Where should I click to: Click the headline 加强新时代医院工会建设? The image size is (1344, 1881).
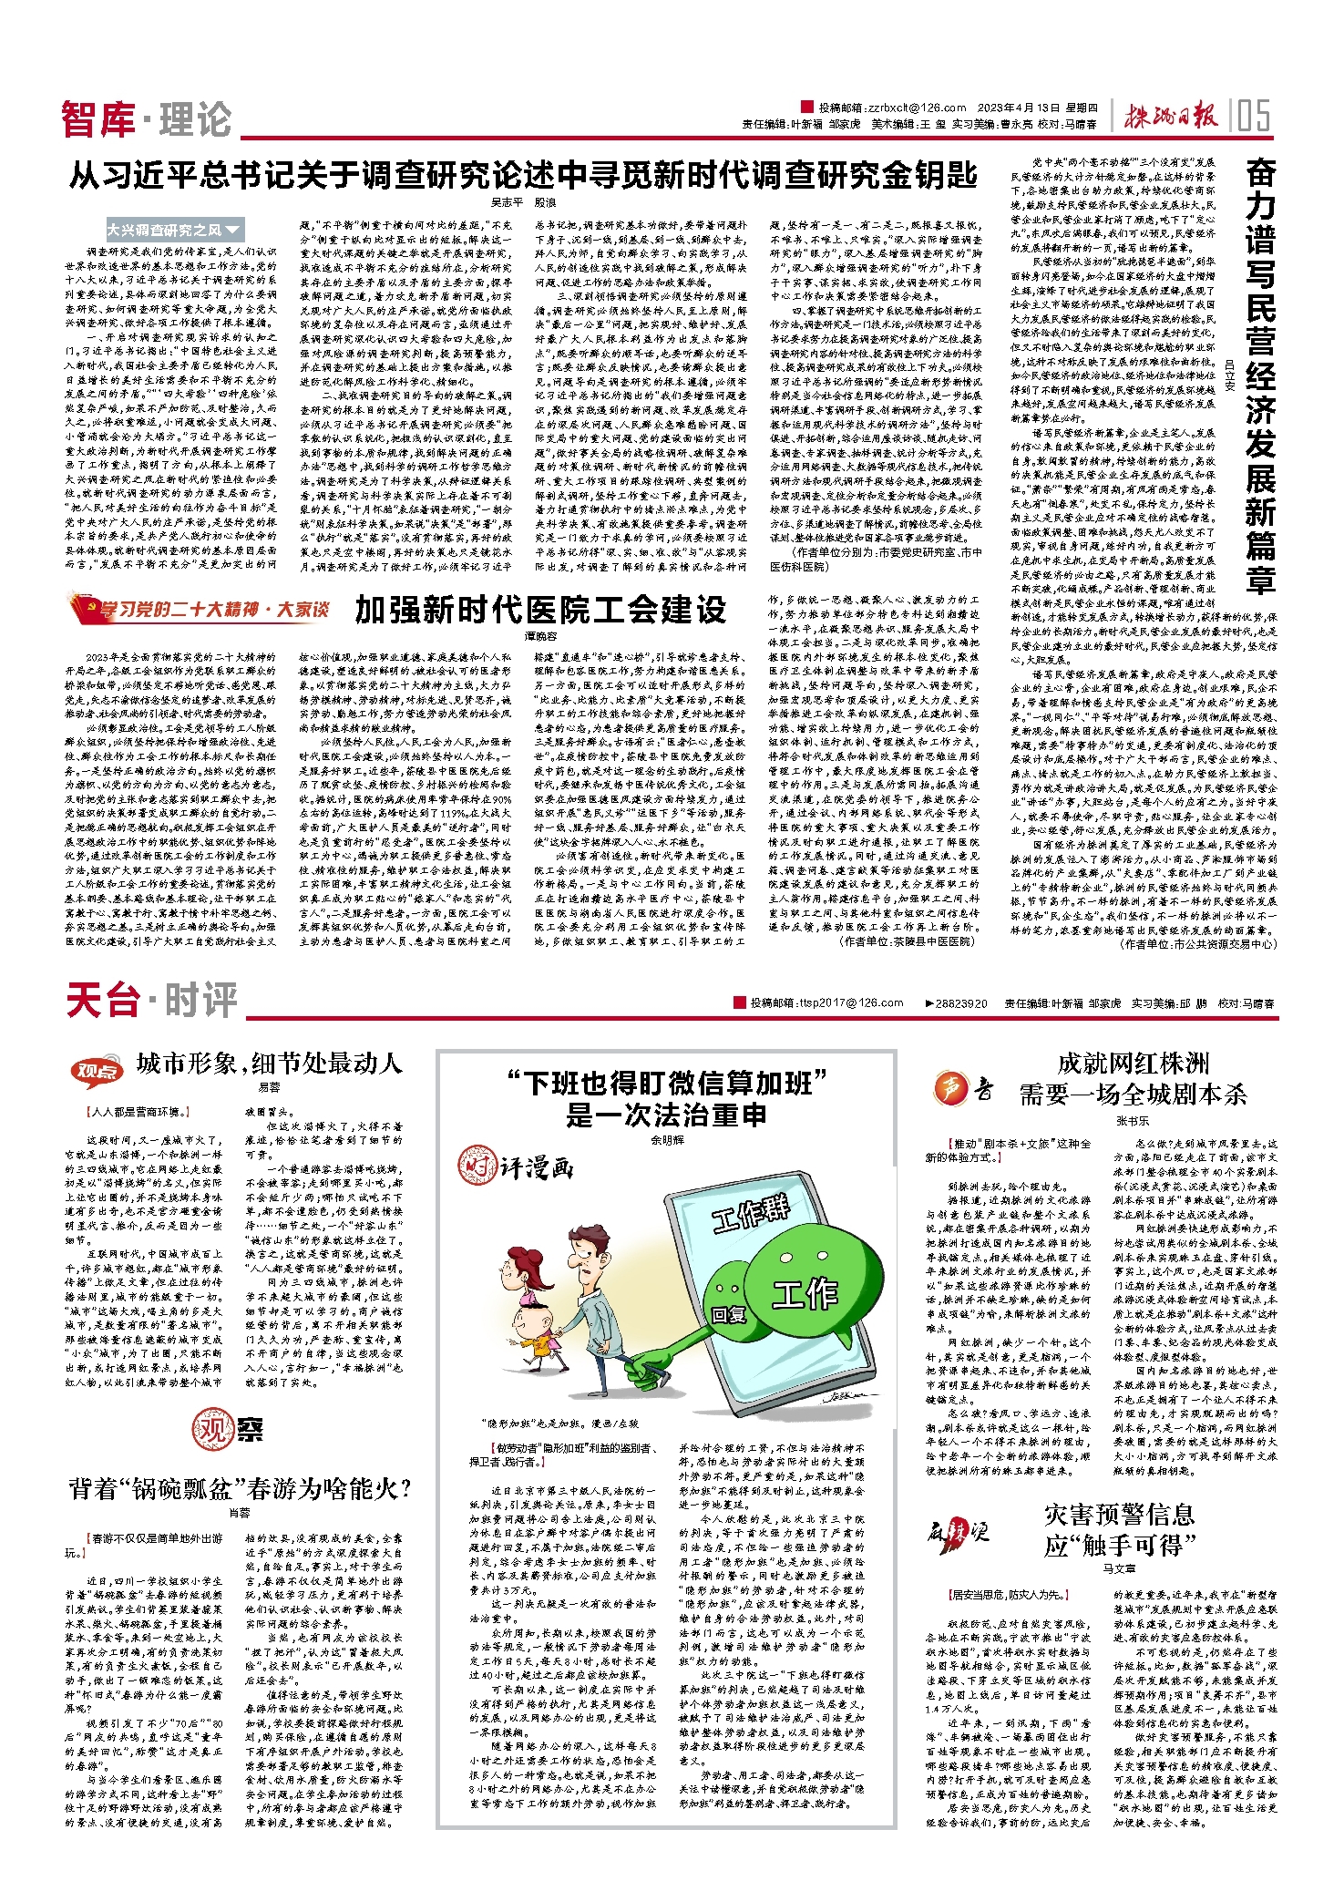pos(540,610)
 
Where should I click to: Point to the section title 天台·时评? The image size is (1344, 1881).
pos(151,1000)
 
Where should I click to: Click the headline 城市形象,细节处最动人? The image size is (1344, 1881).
pos(269,1063)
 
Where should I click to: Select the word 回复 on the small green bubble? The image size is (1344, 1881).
pos(729,1314)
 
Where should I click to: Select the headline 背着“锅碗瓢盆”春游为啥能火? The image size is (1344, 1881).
pos(240,1489)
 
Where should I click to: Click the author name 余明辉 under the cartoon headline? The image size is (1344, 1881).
pos(667,1140)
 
